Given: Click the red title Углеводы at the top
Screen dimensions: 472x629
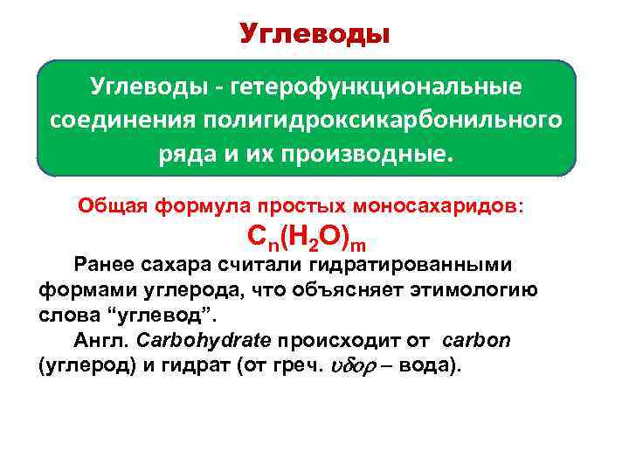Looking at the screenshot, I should pyautogui.click(x=314, y=34).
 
